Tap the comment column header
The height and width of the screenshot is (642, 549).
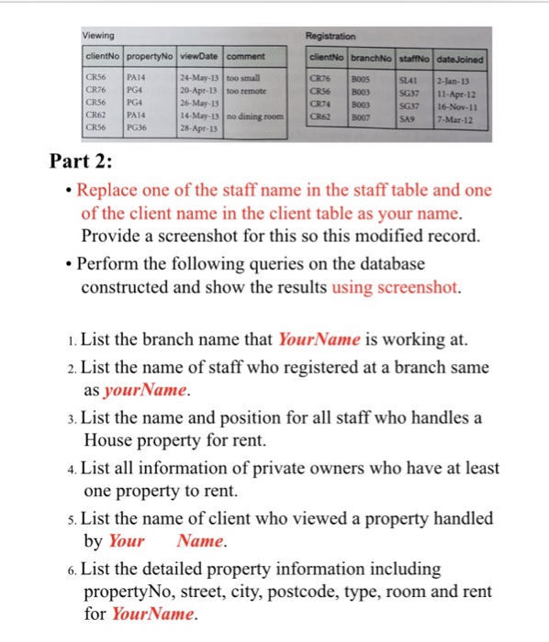point(244,58)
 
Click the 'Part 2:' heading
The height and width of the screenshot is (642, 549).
point(83,164)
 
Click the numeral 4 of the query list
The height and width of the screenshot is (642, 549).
point(73,469)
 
